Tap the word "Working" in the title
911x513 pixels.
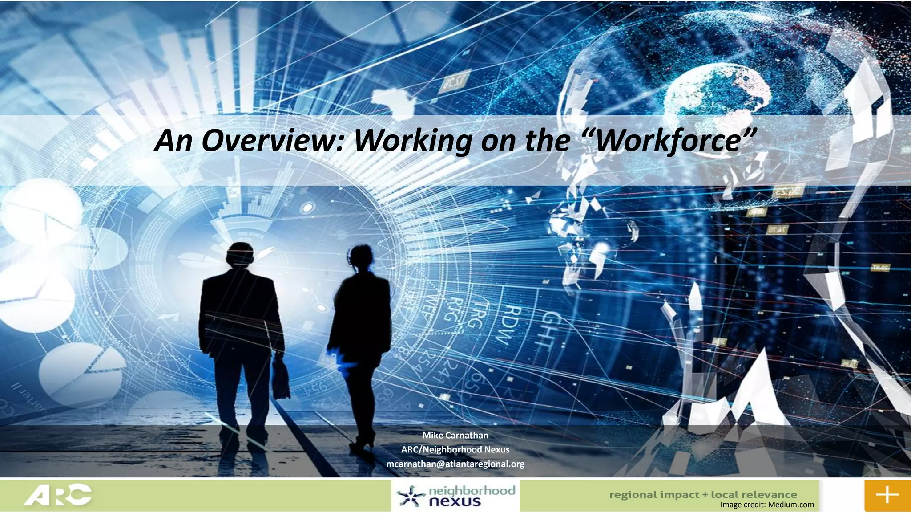(x=412, y=140)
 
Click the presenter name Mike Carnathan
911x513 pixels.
(x=455, y=435)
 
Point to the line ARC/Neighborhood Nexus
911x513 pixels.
(x=455, y=449)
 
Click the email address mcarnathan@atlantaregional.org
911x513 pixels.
(x=455, y=464)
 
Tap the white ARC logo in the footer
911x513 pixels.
(x=57, y=495)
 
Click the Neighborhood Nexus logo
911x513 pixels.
(x=455, y=496)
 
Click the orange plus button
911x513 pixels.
(x=887, y=495)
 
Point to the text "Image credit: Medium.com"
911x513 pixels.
(x=767, y=505)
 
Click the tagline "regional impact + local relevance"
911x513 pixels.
(x=703, y=494)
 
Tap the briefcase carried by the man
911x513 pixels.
(x=281, y=379)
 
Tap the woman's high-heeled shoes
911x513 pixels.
(x=363, y=443)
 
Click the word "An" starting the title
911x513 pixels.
(x=173, y=140)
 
